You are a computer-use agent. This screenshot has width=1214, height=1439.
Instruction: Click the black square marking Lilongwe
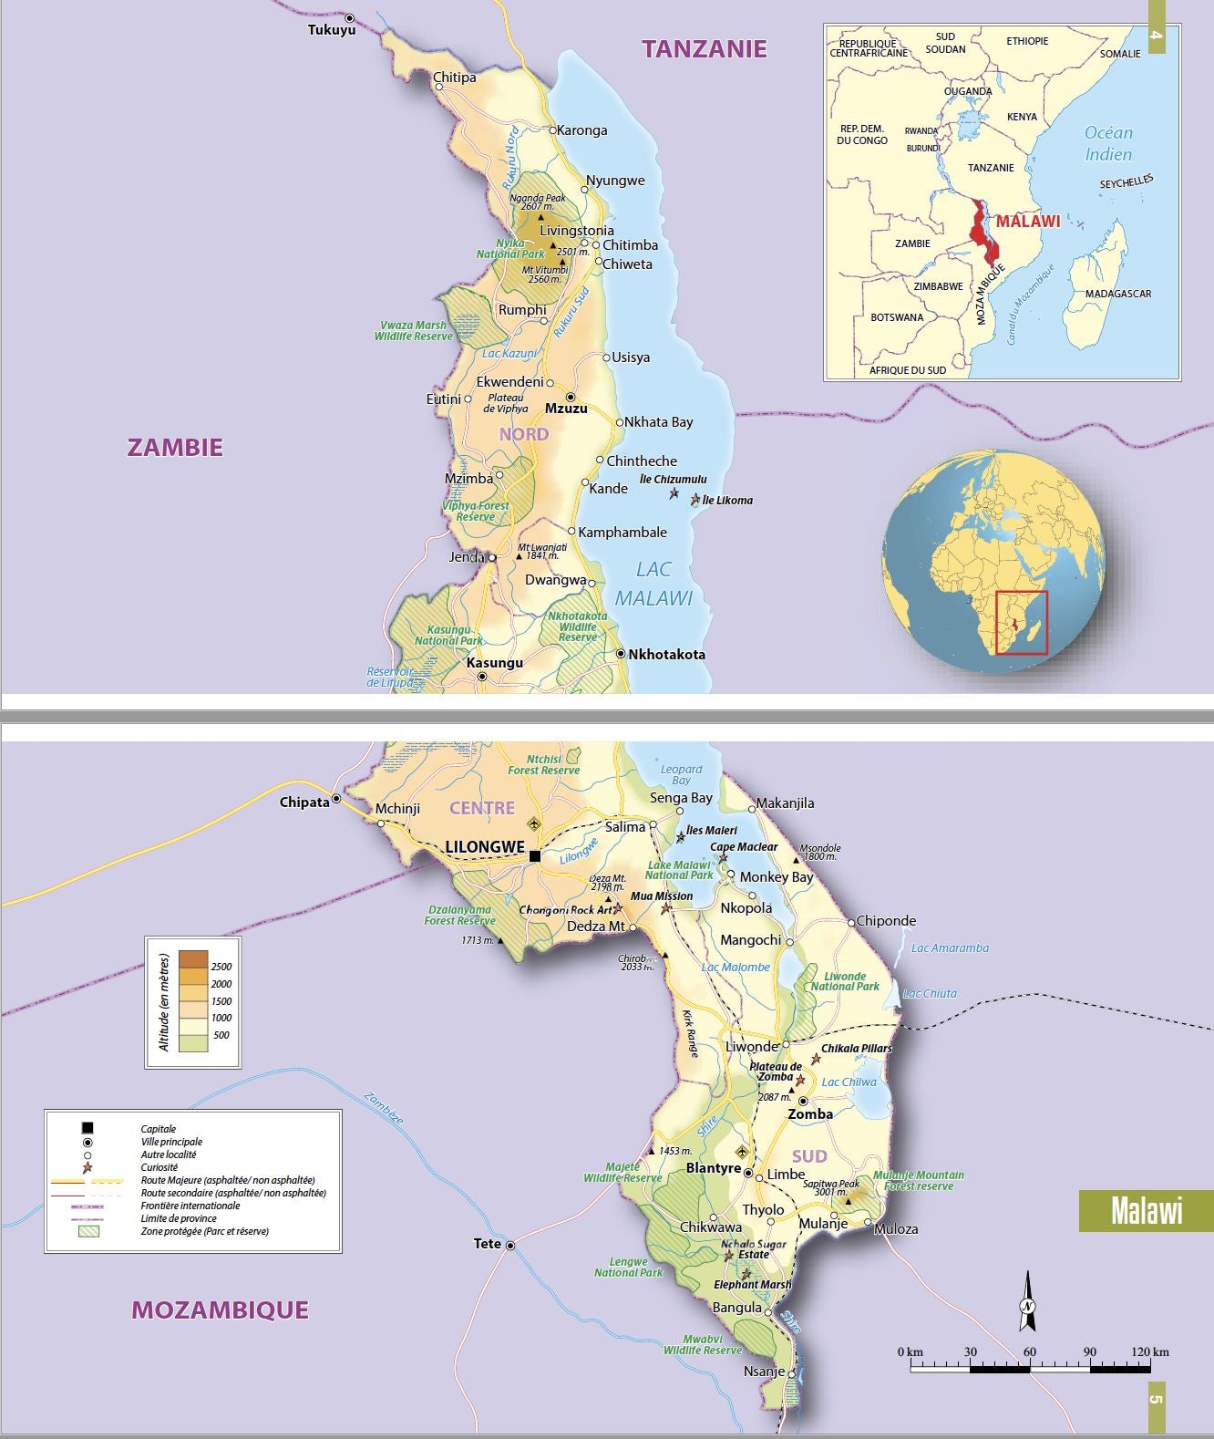(535, 855)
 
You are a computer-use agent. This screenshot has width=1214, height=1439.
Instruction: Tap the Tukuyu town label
(331, 30)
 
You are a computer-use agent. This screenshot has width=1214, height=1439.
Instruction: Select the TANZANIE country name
(704, 49)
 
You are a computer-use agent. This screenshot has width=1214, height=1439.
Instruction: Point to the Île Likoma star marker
(696, 500)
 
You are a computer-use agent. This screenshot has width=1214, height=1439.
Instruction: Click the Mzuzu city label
(565, 409)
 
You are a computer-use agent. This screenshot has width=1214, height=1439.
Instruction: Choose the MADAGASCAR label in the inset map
(1117, 294)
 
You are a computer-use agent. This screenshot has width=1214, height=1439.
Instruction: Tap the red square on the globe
(1022, 623)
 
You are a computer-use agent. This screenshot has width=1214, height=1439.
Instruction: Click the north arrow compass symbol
(1028, 1303)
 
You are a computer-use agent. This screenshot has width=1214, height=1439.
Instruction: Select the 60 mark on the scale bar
(1030, 1352)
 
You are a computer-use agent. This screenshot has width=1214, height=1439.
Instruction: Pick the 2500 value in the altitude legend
(221, 967)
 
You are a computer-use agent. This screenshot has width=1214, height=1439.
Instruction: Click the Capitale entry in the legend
(159, 1129)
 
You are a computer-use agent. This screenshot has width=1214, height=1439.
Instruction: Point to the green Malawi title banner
(1146, 1211)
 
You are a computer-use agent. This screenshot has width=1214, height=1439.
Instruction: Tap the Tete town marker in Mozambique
(510, 1246)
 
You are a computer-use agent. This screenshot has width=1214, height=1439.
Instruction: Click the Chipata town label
(304, 802)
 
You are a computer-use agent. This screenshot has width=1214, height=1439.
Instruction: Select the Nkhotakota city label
(666, 655)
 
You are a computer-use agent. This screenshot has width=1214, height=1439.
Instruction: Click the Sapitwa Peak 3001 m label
(829, 1187)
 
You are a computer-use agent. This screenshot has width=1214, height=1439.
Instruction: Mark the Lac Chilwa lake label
(849, 1082)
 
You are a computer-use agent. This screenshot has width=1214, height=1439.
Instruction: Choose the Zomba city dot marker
(803, 1101)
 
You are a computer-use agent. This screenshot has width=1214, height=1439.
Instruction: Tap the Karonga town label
(581, 130)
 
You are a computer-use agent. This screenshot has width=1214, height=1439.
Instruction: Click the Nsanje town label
(764, 1372)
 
